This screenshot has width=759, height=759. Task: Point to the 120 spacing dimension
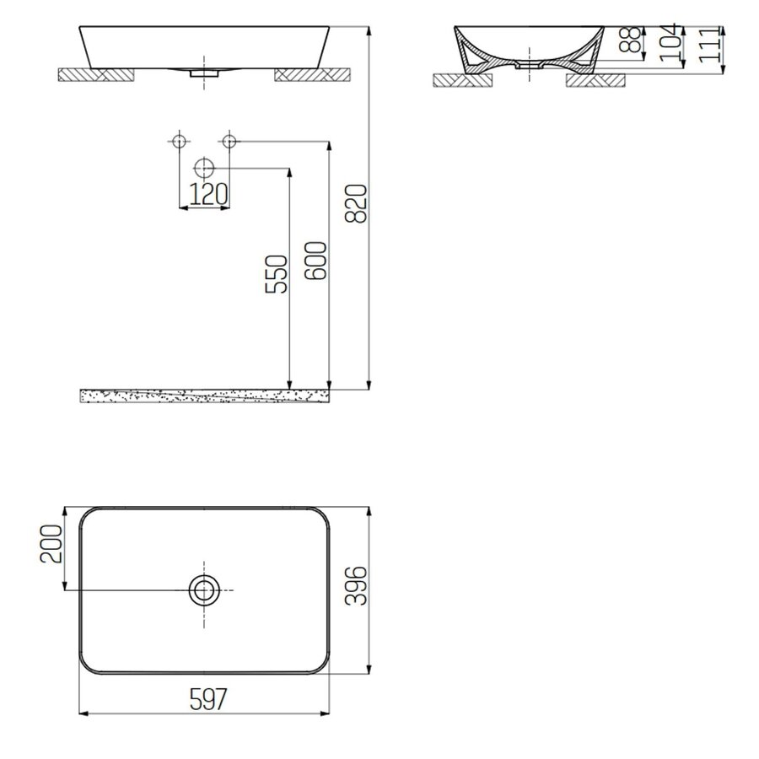click(x=207, y=194)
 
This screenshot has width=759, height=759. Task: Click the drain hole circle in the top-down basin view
click(x=203, y=589)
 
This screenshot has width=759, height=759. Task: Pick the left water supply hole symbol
click(x=179, y=141)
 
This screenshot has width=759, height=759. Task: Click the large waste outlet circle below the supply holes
click(x=203, y=167)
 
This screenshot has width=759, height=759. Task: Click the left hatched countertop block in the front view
click(x=94, y=75)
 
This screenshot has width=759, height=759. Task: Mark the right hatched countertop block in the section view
click(x=597, y=81)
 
